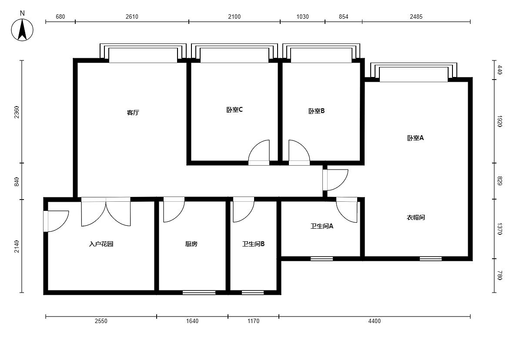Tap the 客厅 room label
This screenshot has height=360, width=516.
click(x=133, y=113)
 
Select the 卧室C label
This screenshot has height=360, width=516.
click(x=235, y=110)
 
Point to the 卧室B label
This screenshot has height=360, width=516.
click(x=317, y=111)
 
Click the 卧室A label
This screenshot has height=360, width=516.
click(x=415, y=138)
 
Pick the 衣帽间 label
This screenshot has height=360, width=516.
click(x=415, y=218)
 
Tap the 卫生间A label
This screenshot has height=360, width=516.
click(x=322, y=226)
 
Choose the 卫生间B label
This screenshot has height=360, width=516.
click(x=253, y=244)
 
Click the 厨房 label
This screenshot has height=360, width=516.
click(x=191, y=244)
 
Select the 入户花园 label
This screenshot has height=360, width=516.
click(x=101, y=244)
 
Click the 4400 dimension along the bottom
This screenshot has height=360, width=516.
click(x=375, y=321)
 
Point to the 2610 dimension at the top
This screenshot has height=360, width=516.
click(x=132, y=17)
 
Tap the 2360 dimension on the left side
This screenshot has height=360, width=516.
click(x=17, y=112)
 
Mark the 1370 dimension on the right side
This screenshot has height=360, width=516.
click(x=499, y=229)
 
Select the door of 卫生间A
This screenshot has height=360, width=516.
click(x=347, y=210)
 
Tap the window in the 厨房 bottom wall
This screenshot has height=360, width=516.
click(x=199, y=293)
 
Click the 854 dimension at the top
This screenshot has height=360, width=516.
click(x=344, y=17)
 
